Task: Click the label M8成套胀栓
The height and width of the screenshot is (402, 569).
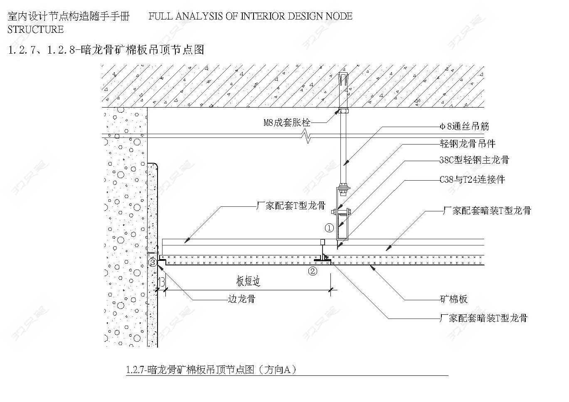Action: [x=287, y=123]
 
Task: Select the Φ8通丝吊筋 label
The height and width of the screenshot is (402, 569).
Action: [x=464, y=126]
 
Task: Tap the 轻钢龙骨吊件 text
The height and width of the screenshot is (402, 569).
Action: [x=468, y=144]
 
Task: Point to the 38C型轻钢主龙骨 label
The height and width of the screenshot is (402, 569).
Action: [x=474, y=160]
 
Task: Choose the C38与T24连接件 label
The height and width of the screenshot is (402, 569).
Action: [x=472, y=180]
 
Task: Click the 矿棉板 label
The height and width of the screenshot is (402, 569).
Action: [x=454, y=299]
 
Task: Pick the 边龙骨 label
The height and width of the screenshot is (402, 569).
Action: [x=241, y=299]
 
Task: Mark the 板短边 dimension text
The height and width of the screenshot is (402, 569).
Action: [x=248, y=281]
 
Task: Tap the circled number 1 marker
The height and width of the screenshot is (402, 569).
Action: [x=330, y=228]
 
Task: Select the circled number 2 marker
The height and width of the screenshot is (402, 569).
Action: [x=313, y=271]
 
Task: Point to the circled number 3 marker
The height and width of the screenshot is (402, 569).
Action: [x=153, y=262]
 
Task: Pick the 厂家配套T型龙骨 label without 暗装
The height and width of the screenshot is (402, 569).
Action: [x=291, y=206]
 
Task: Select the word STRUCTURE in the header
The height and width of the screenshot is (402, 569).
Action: [x=36, y=30]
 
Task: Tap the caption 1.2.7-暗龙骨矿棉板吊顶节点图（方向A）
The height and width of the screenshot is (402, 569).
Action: [x=211, y=370]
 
